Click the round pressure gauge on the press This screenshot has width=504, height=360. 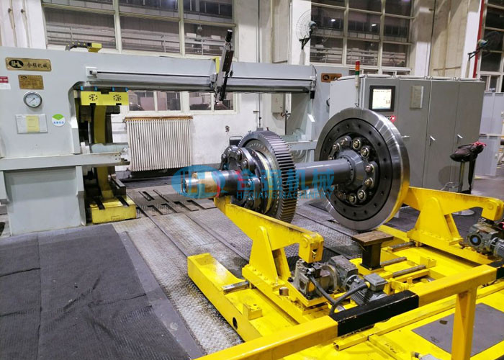pyautogui.click(x=32, y=99)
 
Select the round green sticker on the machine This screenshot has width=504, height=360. pyautogui.click(x=58, y=120)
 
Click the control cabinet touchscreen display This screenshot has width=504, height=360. pyautogui.click(x=381, y=98)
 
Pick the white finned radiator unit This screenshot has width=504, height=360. pyautogui.click(x=158, y=143)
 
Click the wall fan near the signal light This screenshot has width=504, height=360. pyautogui.click(x=305, y=27)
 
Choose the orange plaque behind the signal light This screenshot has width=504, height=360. pyautogui.click(x=330, y=77)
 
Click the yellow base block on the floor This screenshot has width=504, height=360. pyautogui.click(x=112, y=211)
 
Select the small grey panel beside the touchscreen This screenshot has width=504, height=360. pyautogui.click(x=417, y=96)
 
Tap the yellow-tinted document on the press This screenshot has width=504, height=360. pyautogui.click(x=31, y=123)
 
